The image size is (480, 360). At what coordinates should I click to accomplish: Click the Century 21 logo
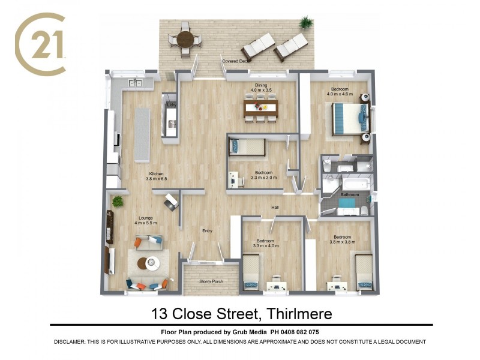pos(40,46)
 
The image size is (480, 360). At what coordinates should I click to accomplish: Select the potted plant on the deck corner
pos(307,23)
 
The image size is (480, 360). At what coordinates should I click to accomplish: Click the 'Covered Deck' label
pos(235,61)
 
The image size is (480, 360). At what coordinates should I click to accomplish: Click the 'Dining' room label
pos(261,85)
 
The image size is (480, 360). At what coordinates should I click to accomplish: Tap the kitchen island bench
pos(142,134)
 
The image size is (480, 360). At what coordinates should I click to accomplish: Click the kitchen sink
pos(134,83)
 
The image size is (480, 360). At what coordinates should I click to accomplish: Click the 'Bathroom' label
pos(349,194)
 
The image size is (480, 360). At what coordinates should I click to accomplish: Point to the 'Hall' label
pos(275,208)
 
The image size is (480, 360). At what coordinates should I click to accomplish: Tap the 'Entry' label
pos(207,231)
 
